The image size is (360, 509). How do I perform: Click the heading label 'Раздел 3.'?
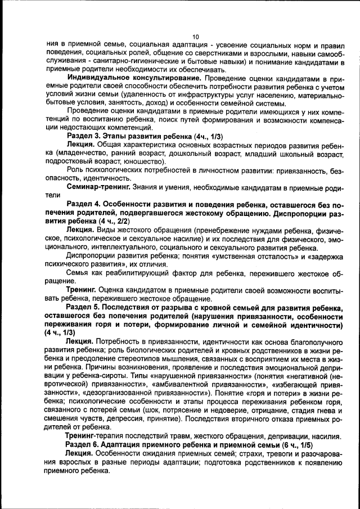point(83,136)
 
